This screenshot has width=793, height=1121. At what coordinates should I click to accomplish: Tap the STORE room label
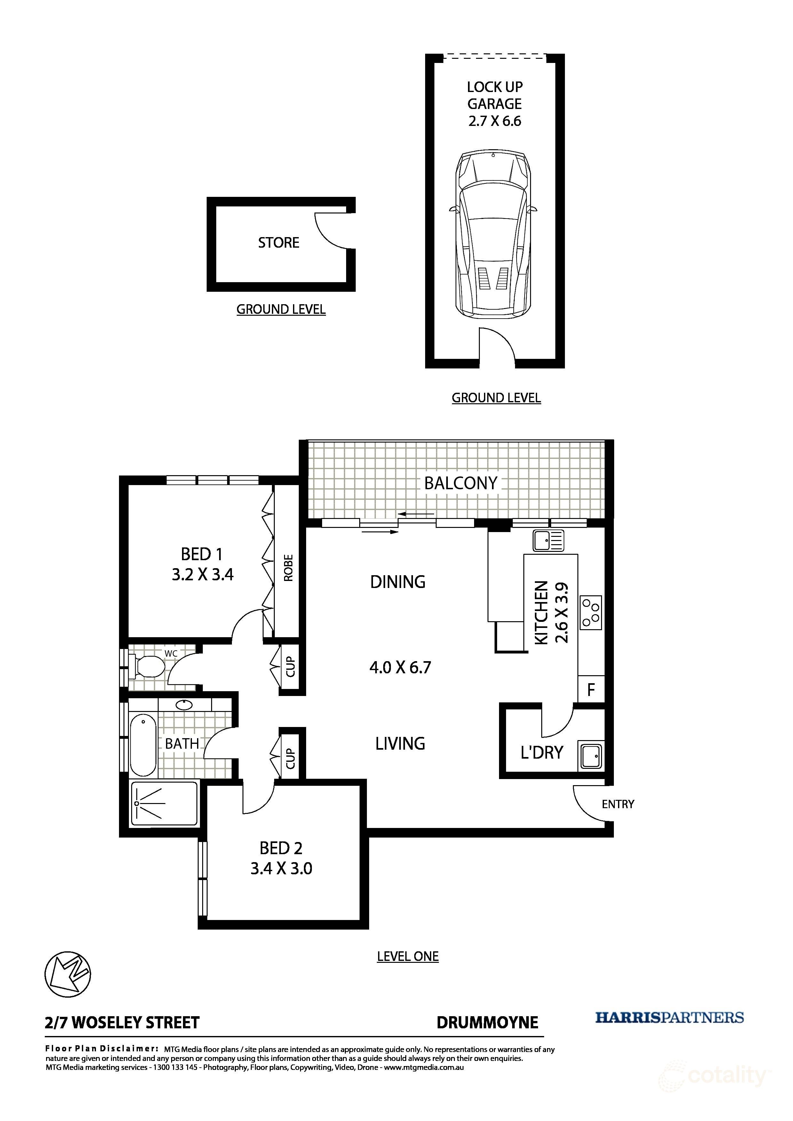[x=279, y=243]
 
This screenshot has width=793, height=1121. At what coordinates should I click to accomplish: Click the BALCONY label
[x=460, y=483]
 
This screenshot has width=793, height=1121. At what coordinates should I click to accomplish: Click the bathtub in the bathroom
[x=143, y=745]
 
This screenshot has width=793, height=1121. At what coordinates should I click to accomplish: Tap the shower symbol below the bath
[x=164, y=804]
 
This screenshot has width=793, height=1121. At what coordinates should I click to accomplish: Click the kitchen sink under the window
[x=549, y=541]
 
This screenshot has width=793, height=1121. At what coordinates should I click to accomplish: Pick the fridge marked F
[x=591, y=689]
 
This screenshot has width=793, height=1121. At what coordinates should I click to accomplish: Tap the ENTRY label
[x=618, y=804]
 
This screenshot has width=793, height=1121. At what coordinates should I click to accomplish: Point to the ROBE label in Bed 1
[x=288, y=568]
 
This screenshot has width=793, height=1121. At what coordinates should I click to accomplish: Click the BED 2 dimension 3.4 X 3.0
[x=282, y=869]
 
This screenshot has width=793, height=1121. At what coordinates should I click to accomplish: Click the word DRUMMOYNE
[x=487, y=1022]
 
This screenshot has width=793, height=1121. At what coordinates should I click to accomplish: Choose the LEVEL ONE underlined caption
[x=408, y=956]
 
